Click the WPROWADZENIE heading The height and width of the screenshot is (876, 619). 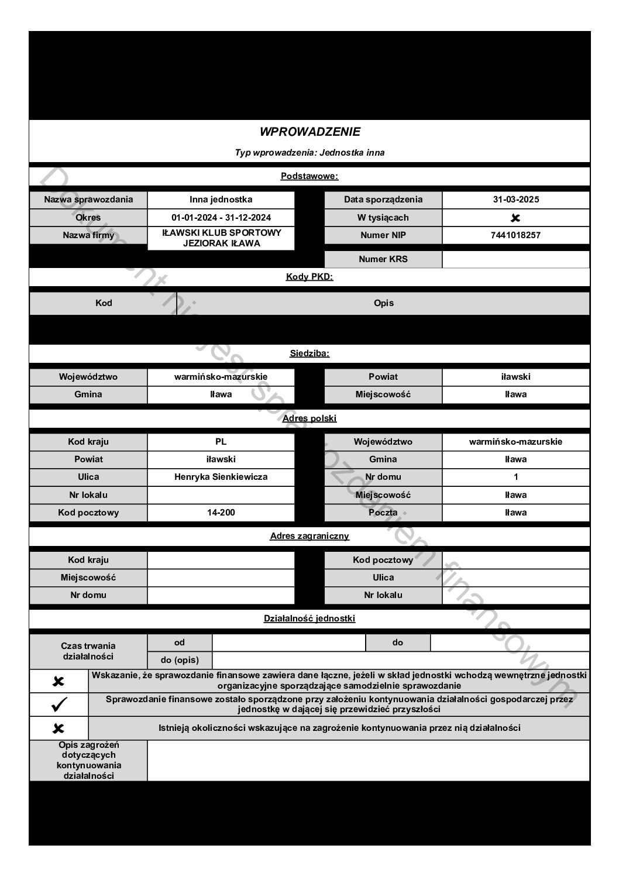click(309, 132)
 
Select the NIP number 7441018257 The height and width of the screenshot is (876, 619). click(515, 235)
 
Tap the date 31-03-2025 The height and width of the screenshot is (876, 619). click(515, 200)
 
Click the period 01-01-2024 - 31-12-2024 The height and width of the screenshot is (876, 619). click(221, 218)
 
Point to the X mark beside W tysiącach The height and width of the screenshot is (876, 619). click(515, 218)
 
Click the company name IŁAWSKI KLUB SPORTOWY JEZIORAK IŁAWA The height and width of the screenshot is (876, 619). click(221, 238)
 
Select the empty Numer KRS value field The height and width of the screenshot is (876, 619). click(515, 259)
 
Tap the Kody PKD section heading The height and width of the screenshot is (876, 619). click(309, 277)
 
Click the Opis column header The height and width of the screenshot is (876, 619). click(383, 303)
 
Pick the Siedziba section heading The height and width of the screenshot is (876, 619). click(309, 353)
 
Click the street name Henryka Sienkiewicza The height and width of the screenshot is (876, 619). click(221, 477)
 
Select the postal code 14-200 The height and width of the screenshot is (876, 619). click(221, 513)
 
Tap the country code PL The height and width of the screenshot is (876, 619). click(221, 442)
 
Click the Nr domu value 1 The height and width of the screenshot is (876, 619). click(515, 477)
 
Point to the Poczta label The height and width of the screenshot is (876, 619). click(383, 513)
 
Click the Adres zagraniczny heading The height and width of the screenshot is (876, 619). click(309, 536)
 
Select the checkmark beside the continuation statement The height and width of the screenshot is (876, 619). click(59, 705)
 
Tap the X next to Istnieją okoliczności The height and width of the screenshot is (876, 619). click(59, 729)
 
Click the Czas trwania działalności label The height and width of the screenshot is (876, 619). click(88, 651)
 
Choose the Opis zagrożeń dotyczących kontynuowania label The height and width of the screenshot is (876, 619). click(88, 760)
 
